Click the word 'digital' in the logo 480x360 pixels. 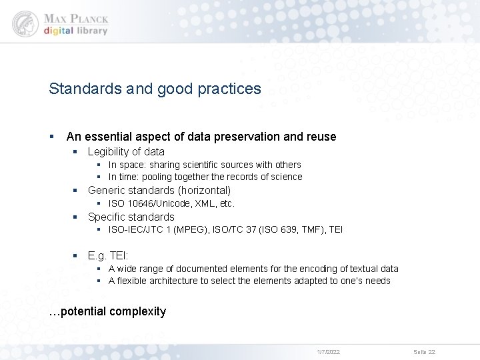click(59, 31)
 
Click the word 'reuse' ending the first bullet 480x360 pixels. click(321, 137)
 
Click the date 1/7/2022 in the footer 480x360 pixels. click(328, 351)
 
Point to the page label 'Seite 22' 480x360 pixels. click(424, 351)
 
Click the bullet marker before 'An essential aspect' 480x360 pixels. click(51, 137)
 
